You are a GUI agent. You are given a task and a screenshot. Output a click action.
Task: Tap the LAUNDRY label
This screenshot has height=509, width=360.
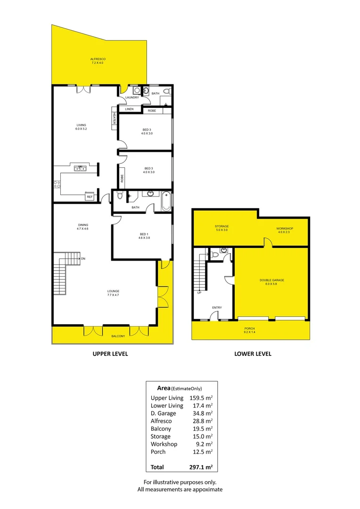[132, 98]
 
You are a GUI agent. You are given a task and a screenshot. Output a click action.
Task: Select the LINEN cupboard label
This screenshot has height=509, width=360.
[129, 109]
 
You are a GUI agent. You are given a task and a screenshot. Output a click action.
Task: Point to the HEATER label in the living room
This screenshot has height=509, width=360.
[114, 119]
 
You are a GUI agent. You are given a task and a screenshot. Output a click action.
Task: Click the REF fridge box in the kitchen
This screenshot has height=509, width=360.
[90, 197]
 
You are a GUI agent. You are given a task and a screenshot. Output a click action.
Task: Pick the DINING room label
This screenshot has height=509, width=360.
[83, 225]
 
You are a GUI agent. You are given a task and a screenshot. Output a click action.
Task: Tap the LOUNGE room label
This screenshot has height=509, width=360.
[113, 291]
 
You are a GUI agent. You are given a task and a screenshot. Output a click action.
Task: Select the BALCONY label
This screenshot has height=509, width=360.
[118, 336]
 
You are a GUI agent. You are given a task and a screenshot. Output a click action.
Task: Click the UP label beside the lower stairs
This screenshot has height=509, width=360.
[199, 292]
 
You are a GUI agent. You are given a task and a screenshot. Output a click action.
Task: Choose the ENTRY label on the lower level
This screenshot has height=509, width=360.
[217, 308]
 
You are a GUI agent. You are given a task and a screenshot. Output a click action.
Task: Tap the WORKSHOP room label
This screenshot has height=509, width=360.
[285, 229]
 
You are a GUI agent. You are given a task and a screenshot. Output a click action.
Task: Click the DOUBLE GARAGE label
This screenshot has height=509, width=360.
[272, 280]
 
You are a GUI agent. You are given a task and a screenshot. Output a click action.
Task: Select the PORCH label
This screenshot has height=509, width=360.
[250, 328]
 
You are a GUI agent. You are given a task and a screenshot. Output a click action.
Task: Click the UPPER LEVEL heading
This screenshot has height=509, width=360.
[110, 353]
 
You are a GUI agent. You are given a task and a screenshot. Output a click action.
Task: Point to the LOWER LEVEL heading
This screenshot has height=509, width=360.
[253, 353]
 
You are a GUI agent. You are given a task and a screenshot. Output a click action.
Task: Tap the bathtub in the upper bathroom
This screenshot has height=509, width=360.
[165, 201]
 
